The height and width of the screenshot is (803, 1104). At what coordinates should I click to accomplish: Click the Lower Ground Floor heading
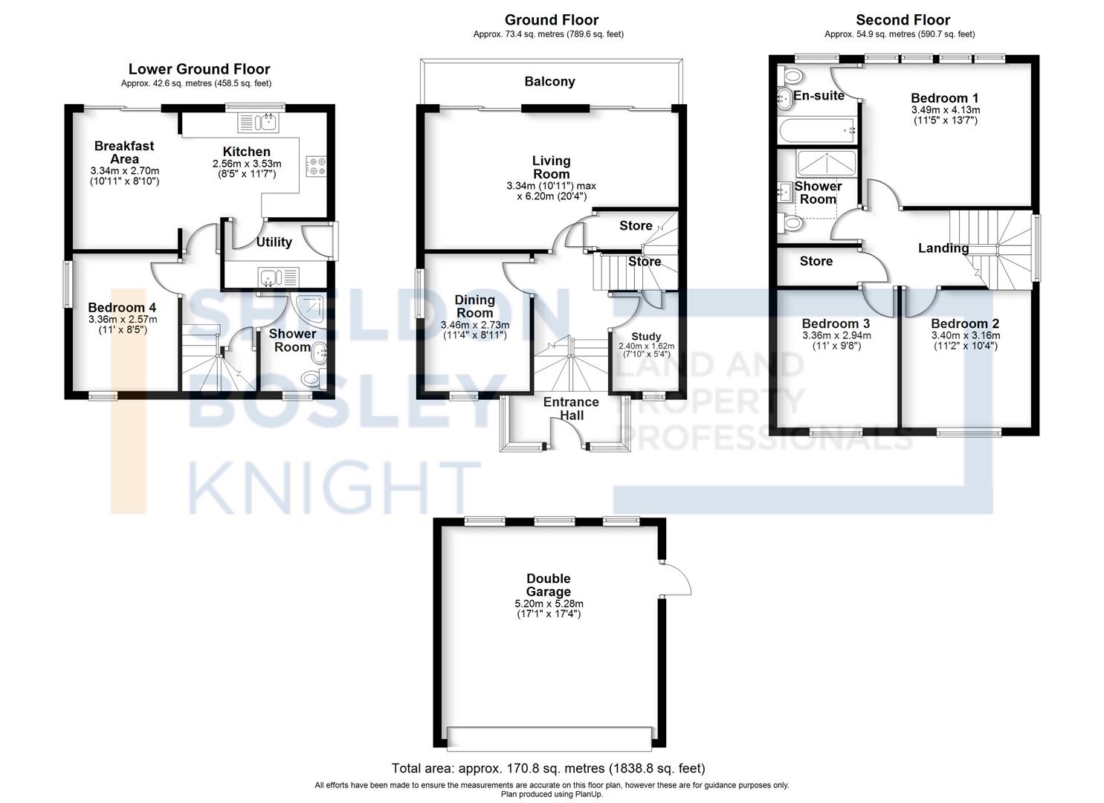click(x=199, y=70)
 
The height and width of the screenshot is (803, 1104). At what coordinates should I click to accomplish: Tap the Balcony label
click(x=549, y=82)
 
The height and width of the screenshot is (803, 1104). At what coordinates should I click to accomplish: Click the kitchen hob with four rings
click(x=315, y=166)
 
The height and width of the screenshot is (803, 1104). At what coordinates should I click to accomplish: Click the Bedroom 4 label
click(x=122, y=308)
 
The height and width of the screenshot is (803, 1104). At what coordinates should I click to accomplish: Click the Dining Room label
click(x=474, y=306)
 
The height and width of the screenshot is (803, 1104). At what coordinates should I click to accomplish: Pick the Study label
click(x=646, y=337)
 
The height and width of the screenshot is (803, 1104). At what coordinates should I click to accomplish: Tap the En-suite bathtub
click(x=816, y=131)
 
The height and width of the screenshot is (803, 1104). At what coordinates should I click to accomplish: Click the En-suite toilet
click(x=790, y=74)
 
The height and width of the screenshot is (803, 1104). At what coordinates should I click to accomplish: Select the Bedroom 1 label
click(x=944, y=98)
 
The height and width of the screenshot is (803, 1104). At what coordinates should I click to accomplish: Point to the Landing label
click(x=943, y=248)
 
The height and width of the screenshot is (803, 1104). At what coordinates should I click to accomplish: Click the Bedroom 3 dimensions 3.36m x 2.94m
click(x=836, y=336)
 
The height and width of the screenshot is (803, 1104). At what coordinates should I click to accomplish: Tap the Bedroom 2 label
click(x=964, y=324)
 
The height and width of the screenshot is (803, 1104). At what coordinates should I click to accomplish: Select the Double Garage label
click(x=549, y=585)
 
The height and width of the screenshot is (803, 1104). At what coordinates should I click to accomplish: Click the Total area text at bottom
click(x=548, y=768)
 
